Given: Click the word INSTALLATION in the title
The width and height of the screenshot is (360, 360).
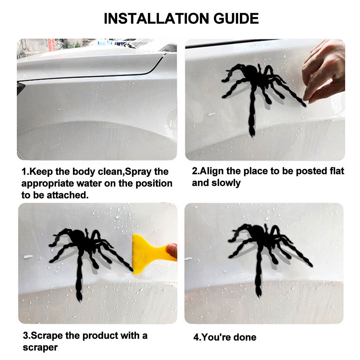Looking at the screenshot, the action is [x=156, y=18].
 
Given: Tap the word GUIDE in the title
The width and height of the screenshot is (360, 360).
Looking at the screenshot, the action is [x=236, y=18].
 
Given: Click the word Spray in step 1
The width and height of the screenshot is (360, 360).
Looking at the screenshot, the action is [x=138, y=172].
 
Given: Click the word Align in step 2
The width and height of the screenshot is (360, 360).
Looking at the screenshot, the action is [x=212, y=171].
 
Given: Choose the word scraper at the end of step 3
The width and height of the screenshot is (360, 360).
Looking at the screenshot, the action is [x=40, y=348].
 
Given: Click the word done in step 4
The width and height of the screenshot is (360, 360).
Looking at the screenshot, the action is [x=246, y=337].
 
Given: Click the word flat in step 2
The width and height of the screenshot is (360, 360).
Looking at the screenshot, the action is [x=337, y=171].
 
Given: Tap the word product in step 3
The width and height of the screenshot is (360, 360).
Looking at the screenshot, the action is [x=100, y=336].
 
